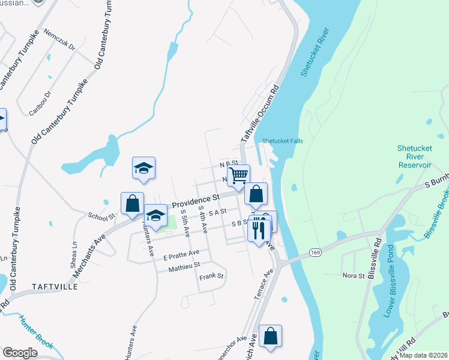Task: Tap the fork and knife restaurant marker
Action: pos(259,229)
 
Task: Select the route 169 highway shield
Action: pos(314,254)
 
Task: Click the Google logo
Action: pos(20,353)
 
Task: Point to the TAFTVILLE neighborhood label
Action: pos(55,287)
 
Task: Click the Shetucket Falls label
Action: pos(282,142)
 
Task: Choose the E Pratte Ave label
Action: pos(181,254)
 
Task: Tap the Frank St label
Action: pos(211,277)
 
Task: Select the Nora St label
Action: pos(354,275)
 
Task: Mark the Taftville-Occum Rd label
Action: pos(260,113)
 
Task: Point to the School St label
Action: pos(101,216)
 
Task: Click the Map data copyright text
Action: pos(422,355)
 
